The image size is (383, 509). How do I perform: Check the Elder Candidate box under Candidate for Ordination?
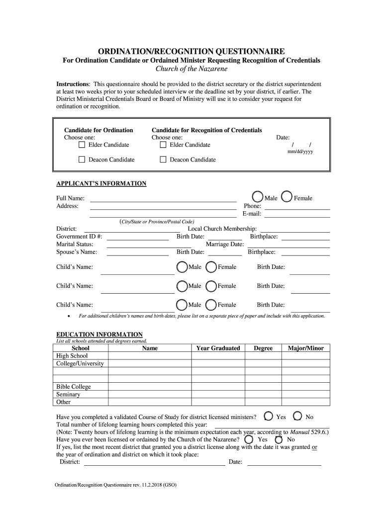82,145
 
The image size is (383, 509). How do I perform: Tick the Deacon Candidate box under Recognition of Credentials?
163,160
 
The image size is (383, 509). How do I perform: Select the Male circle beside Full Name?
258,197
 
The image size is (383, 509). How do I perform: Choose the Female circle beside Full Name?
287,197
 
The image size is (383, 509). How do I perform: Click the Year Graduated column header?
218,348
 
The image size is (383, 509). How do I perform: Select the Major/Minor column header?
305,348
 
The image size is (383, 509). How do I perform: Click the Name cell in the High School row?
150,356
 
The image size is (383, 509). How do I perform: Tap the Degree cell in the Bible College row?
263,387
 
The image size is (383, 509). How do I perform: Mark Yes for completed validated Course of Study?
269,416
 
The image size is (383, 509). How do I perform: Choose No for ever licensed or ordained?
279,439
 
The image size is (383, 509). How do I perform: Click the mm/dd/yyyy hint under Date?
300,152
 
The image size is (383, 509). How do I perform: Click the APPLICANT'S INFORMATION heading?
101,184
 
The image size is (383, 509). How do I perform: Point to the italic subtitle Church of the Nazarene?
191,69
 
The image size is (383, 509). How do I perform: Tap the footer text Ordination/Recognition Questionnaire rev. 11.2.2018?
116,485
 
